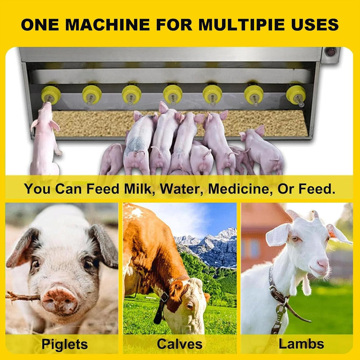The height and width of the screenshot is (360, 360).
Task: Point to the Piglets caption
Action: [x=64, y=344]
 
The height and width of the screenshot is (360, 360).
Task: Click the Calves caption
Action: [x=180, y=344]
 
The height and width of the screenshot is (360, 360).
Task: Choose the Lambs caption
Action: [x=302, y=344]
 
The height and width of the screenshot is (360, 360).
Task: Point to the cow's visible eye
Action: [x=190, y=306]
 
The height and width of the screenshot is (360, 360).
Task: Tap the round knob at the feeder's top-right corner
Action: [x=331, y=52]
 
